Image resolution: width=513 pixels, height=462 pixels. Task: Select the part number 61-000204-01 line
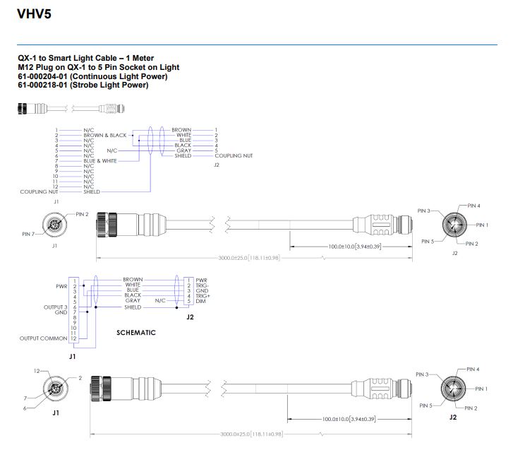pyautogui.click(x=92, y=76)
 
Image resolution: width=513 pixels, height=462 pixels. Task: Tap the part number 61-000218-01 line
pyautogui.click(x=83, y=85)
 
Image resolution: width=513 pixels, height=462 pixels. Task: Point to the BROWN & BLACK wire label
pyautogui.click(x=104, y=135)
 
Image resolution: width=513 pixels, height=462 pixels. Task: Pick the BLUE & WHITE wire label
pyautogui.click(x=100, y=160)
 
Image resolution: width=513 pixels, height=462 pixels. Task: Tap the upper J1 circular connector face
pyautogui.click(x=54, y=225)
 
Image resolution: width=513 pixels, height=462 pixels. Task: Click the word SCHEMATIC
pyautogui.click(x=135, y=332)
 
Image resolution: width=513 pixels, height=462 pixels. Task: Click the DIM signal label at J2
pyautogui.click(x=200, y=301)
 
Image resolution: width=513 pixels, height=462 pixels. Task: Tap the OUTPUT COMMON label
pyautogui.click(x=43, y=339)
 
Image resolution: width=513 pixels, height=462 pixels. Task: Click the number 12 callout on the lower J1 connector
pyautogui.click(x=37, y=371)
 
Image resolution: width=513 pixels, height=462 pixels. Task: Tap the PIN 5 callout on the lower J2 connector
pyautogui.click(x=425, y=405)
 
